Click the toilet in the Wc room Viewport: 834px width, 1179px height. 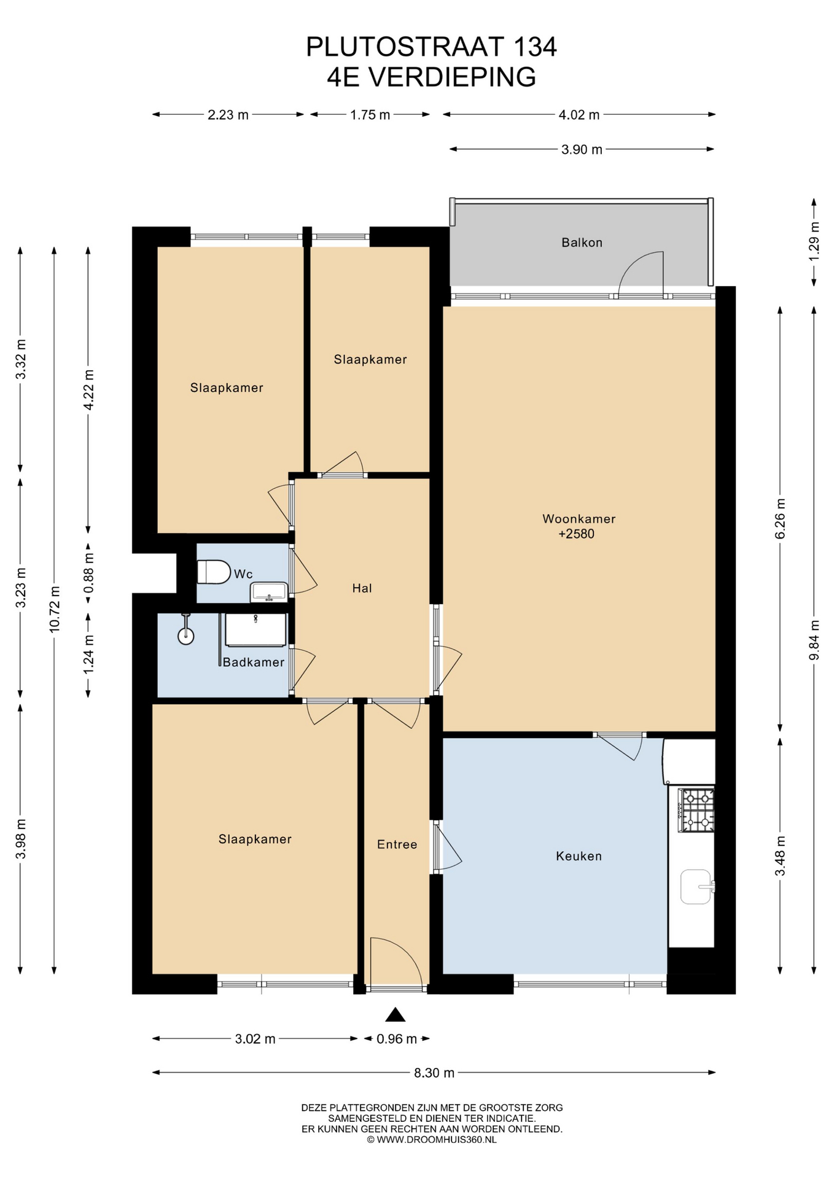click(213, 572)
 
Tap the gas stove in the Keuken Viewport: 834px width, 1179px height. click(696, 810)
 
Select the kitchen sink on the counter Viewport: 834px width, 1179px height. click(698, 887)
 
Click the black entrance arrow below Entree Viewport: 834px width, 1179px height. click(396, 1014)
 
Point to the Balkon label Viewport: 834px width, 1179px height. click(582, 243)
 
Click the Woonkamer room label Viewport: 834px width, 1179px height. click(579, 519)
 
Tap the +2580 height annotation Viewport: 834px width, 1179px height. click(576, 534)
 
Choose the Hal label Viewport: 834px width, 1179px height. click(362, 588)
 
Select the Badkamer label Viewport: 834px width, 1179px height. click(254, 663)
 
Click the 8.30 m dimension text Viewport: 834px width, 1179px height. click(434, 1073)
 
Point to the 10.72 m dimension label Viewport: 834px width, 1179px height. click(55, 609)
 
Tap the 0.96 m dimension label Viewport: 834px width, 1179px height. click(397, 1039)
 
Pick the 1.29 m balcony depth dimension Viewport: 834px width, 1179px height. click(814, 241)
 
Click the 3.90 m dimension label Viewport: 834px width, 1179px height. click(582, 149)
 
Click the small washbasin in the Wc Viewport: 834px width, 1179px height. click(268, 592)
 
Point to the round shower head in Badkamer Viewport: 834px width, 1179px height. click(185, 636)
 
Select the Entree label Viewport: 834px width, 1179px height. click(397, 844)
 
